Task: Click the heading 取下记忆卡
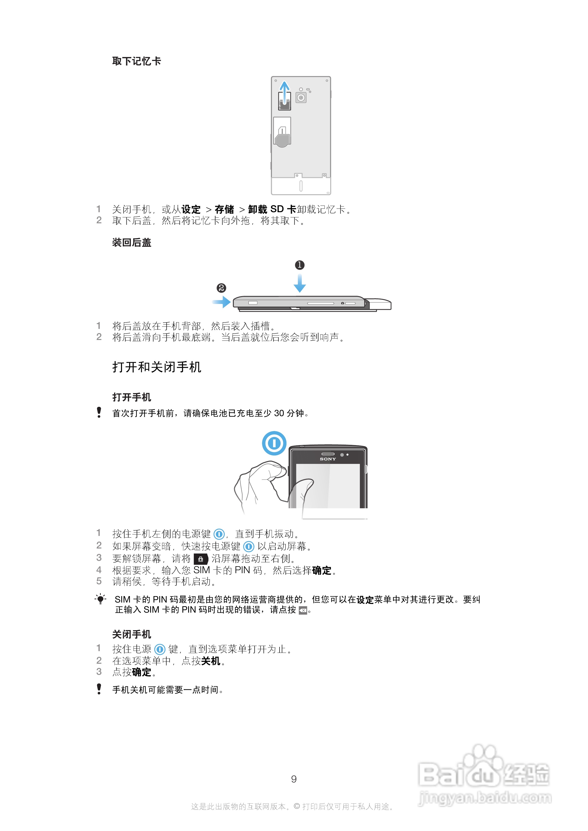click(136, 61)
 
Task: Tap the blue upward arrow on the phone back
click(285, 91)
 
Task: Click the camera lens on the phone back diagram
click(301, 97)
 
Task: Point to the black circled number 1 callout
click(300, 265)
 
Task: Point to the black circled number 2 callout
click(221, 288)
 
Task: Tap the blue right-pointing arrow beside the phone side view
click(222, 302)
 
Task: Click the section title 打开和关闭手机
click(157, 367)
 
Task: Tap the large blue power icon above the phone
click(274, 443)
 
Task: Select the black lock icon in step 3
click(201, 559)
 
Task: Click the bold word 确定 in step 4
click(322, 570)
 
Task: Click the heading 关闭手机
click(132, 634)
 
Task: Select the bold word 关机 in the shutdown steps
click(210, 661)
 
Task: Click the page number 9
click(294, 779)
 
